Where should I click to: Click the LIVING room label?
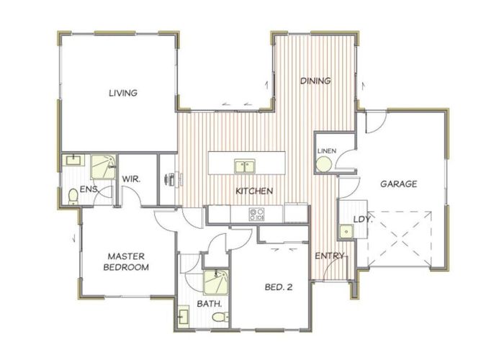tap(123, 93)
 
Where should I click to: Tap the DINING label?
tap(315, 81)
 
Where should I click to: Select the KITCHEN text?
tap(254, 192)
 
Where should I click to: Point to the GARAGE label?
tap(399, 184)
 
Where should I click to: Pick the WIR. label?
tap(131, 178)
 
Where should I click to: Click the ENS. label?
tap(89, 189)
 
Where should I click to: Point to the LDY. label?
tap(361, 220)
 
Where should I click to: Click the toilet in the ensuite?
tap(73, 196)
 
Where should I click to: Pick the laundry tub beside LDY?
tap(346, 231)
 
